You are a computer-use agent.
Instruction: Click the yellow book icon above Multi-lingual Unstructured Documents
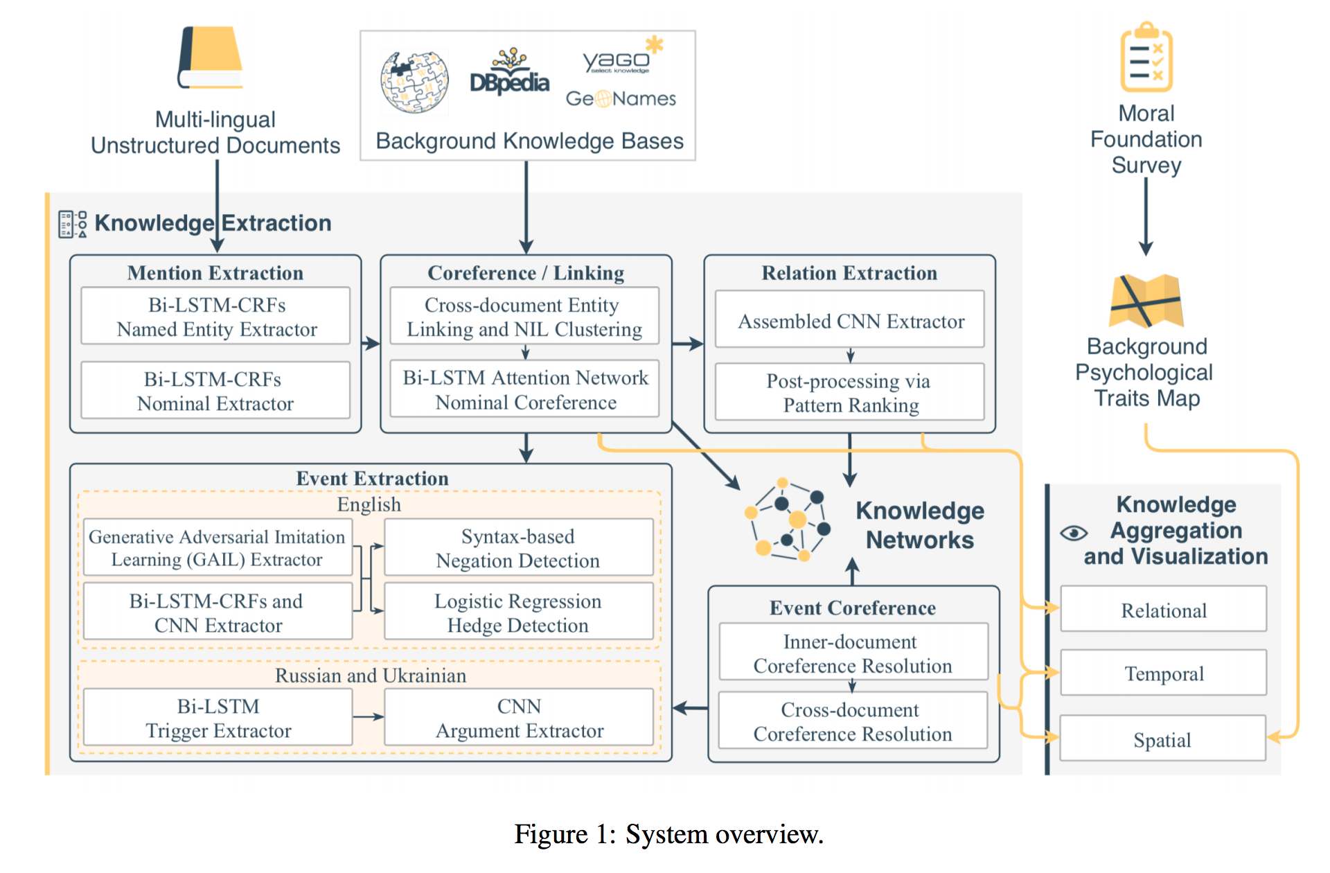point(211,58)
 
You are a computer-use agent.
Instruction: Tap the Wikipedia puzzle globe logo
point(414,82)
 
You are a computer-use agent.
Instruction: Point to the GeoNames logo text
point(620,99)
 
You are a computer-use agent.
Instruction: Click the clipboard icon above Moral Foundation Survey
point(1146,58)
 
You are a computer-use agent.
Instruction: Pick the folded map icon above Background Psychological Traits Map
point(1146,301)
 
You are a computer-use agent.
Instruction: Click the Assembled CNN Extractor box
point(850,321)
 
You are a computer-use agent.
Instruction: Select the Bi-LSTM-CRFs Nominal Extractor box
point(215,391)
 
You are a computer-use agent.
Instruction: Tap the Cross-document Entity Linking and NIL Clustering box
point(524,317)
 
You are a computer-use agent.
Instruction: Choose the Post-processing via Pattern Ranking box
point(850,392)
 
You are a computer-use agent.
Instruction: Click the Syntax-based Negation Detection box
point(518,547)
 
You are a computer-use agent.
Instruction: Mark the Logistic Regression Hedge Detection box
point(518,612)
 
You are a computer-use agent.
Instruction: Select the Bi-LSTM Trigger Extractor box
point(218,718)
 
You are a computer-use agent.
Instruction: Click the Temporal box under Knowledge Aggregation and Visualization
point(1164,673)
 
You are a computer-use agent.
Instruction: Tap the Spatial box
point(1162,739)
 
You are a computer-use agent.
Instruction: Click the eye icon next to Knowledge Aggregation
point(1074,533)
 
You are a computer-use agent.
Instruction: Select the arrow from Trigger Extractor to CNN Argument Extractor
point(368,717)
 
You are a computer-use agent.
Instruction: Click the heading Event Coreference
point(853,608)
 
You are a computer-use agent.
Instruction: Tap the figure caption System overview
point(668,834)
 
